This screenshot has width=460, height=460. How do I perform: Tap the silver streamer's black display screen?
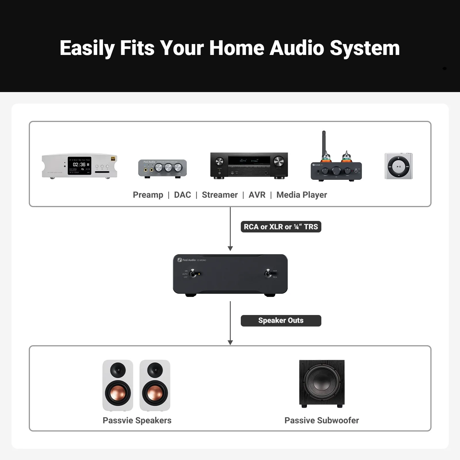(x=79, y=166)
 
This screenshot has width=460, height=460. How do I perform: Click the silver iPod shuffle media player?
(x=398, y=166)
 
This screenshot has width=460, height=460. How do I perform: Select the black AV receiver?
(x=249, y=165)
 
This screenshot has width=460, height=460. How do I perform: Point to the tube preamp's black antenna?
(x=324, y=141)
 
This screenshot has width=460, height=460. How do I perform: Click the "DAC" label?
(x=182, y=195)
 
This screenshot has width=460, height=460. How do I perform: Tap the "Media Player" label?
(x=301, y=195)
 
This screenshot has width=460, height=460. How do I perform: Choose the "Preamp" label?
(x=148, y=195)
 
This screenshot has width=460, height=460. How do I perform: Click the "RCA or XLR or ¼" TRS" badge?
(x=281, y=227)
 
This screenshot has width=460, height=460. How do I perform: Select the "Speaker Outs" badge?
(x=281, y=320)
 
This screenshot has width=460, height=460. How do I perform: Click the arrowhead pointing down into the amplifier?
(x=230, y=248)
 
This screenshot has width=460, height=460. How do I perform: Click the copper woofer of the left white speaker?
(x=118, y=393)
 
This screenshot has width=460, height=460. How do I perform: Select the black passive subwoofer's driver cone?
(x=322, y=383)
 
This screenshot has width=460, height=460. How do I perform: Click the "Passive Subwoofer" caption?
(x=322, y=420)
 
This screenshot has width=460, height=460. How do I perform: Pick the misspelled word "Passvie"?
(x=118, y=420)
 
